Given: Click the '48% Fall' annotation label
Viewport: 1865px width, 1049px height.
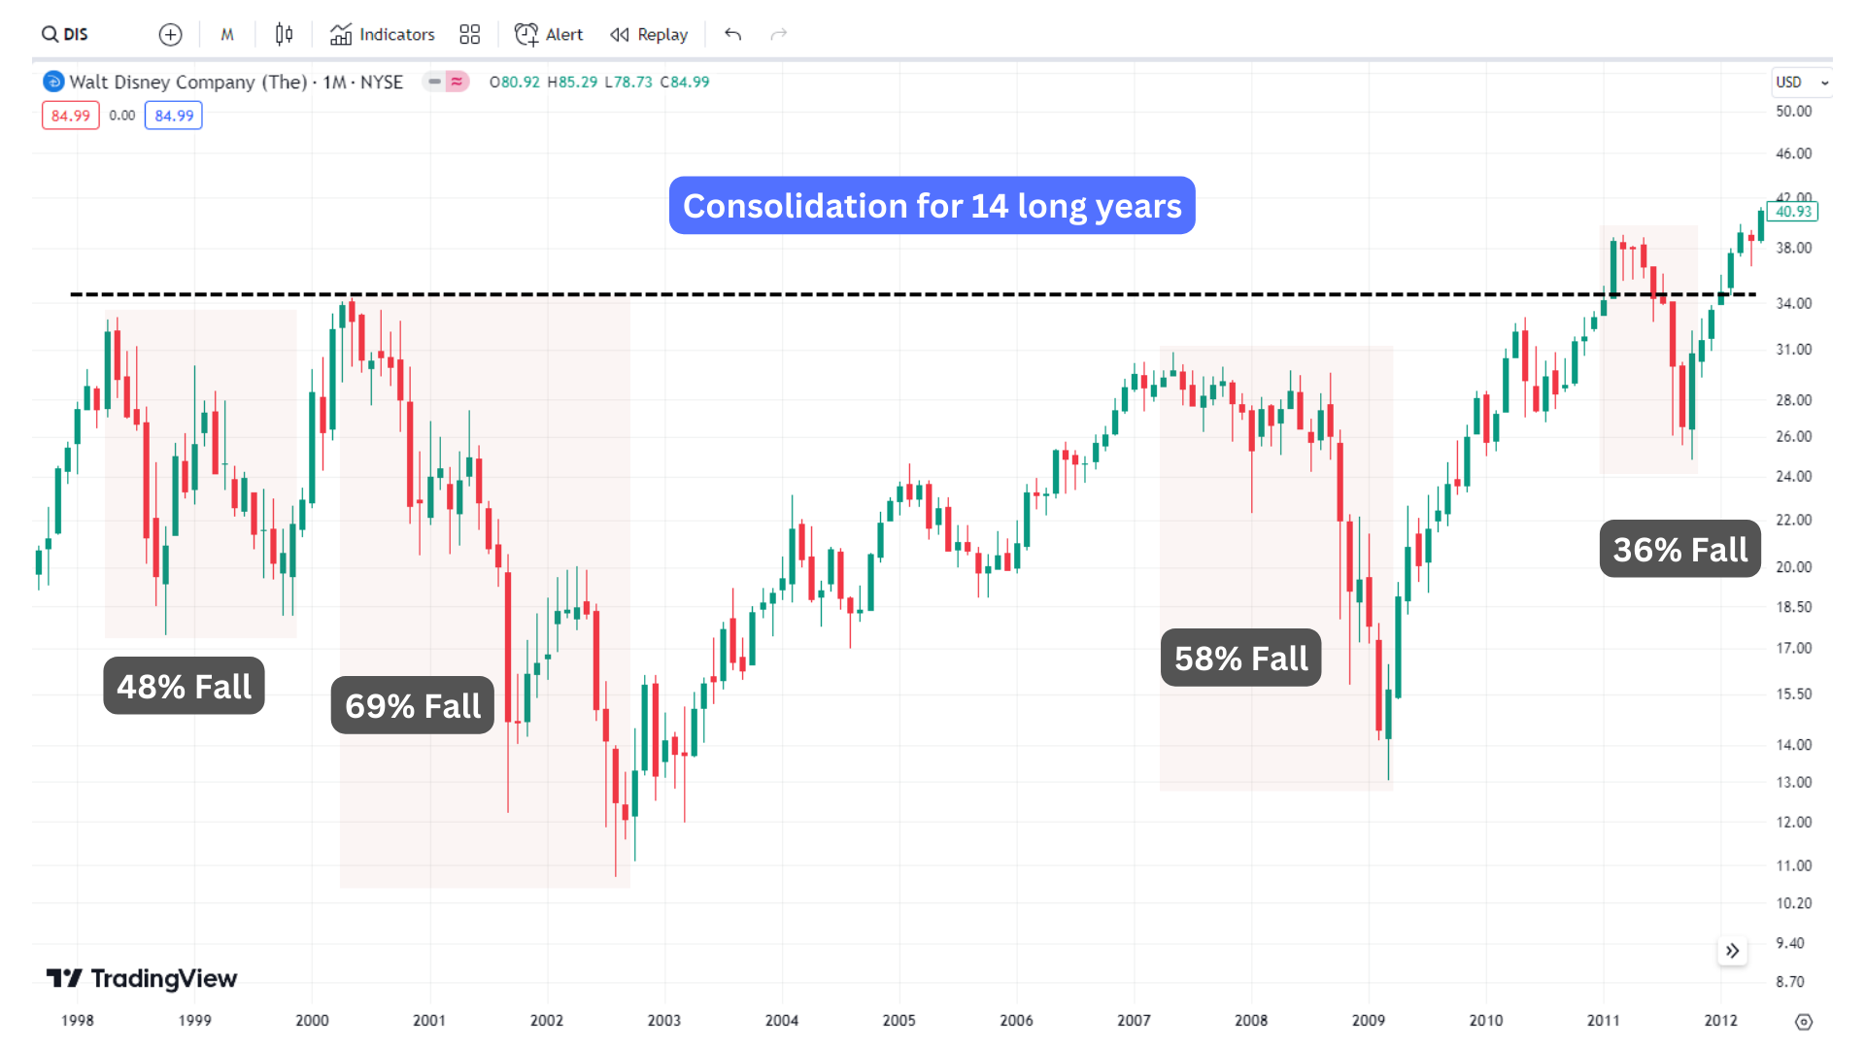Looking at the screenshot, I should (x=184, y=686).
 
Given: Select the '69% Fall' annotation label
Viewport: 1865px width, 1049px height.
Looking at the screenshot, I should (x=413, y=705).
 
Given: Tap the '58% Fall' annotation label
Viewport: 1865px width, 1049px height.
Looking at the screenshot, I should (x=1240, y=658).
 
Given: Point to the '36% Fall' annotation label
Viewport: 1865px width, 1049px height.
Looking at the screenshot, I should (x=1679, y=549).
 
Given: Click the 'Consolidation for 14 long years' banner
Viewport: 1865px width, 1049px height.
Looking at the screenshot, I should (x=932, y=206).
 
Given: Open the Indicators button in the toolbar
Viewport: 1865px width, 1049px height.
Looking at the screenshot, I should (x=383, y=35).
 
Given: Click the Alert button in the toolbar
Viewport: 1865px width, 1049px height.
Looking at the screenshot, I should (x=549, y=35).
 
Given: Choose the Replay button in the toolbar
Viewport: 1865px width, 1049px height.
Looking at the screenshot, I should (x=649, y=35).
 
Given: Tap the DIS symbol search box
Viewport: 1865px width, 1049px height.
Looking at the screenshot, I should (x=66, y=35).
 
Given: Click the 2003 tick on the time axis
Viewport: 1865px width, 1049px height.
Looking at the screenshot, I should (x=664, y=1020).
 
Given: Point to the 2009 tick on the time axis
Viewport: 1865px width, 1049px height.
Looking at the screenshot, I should (x=1369, y=1020).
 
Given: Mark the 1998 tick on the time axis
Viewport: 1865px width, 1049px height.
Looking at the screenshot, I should (x=78, y=1020).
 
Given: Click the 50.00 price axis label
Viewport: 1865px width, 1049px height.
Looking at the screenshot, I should (x=1793, y=112).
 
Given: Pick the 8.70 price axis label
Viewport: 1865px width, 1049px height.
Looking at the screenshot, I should (x=1789, y=982).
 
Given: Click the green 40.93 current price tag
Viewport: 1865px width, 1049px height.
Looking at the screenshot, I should (x=1793, y=212).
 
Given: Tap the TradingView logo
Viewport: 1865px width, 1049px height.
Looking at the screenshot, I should (x=142, y=978).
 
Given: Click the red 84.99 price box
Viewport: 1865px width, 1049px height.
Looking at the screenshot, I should (x=71, y=116).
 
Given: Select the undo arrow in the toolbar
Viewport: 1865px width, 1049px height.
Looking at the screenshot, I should (x=733, y=35).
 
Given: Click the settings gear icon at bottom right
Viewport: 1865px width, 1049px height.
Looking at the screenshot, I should (x=1804, y=1022).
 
